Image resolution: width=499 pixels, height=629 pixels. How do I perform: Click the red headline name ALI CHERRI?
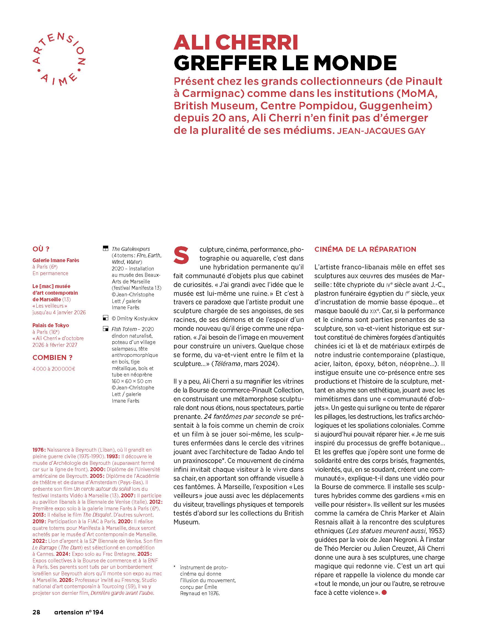click(x=236, y=43)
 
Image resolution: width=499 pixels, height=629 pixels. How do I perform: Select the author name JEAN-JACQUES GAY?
click(x=381, y=131)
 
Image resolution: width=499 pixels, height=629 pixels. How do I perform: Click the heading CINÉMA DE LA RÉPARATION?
click(x=365, y=250)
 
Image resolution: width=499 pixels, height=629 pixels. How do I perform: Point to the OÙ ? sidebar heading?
click(x=41, y=249)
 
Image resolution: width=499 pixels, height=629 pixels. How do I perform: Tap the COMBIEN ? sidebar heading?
click(x=53, y=358)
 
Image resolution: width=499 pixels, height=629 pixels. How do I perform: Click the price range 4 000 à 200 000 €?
click(x=54, y=369)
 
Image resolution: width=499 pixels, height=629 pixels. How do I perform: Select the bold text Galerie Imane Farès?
click(x=56, y=260)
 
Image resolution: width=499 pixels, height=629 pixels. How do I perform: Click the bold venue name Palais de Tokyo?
click(x=50, y=325)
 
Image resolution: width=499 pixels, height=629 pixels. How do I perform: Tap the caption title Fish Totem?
click(x=124, y=329)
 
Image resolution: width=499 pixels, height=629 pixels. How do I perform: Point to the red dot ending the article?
click(x=384, y=593)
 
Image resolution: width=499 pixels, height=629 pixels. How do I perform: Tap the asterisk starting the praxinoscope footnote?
click(x=175, y=567)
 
